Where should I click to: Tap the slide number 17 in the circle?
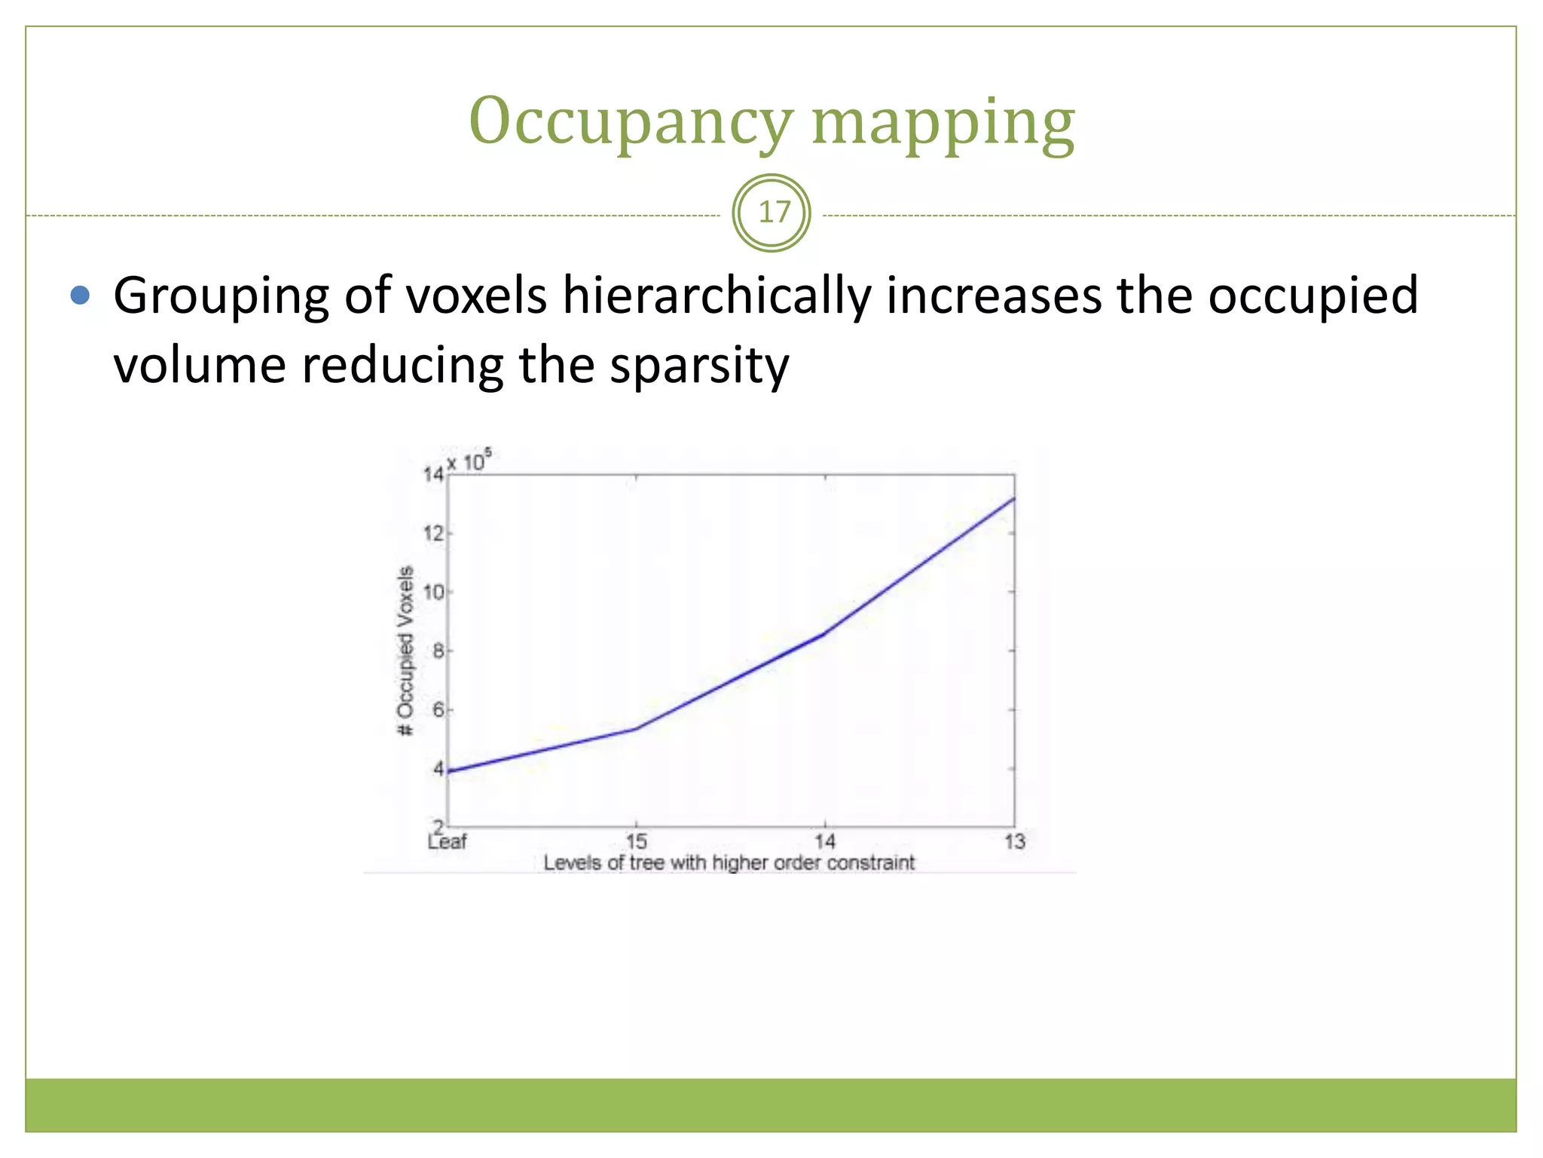[x=771, y=213]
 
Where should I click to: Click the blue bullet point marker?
[x=80, y=295]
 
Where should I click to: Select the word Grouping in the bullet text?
[x=221, y=295]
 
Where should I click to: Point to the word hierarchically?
[x=716, y=295]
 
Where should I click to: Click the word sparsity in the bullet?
[x=699, y=365]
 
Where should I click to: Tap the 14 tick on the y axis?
[x=432, y=474]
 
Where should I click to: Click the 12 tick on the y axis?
[x=432, y=534]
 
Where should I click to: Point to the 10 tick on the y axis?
[x=432, y=593]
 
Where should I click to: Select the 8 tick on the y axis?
[x=438, y=651]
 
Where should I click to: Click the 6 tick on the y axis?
[x=438, y=710]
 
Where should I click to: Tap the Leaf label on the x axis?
[x=447, y=841]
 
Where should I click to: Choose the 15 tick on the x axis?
[x=637, y=841]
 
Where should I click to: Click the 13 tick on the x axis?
[x=1014, y=841]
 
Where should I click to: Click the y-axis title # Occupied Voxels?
[x=405, y=651]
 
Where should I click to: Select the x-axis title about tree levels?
[x=729, y=863]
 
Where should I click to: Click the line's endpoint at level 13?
[x=1014, y=498]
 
